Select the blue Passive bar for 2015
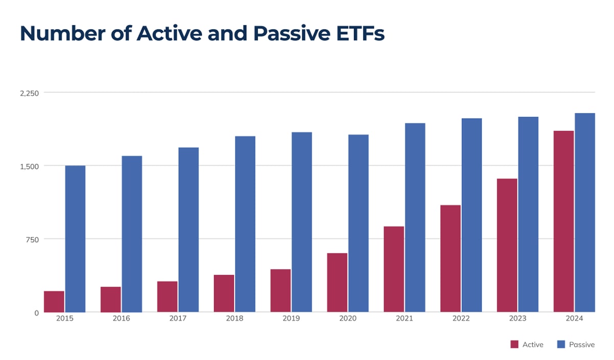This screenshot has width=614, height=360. click(75, 238)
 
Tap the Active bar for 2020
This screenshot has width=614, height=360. click(337, 282)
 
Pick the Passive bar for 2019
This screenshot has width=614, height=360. click(301, 222)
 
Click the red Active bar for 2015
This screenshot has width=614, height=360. click(54, 301)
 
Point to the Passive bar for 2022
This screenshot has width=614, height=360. click(471, 215)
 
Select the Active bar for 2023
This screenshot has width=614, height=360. click(507, 245)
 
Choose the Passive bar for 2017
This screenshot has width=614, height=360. click(188, 230)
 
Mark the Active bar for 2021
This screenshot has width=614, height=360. click(394, 269)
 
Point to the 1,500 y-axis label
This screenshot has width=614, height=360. click(29, 166)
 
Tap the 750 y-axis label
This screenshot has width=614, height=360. click(32, 239)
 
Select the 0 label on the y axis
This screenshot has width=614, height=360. click(36, 313)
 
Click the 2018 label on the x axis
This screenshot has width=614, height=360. click(234, 318)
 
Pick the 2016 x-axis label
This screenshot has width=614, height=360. click(121, 318)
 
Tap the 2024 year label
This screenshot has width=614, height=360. click(574, 318)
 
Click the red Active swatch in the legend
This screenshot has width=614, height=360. click(514, 345)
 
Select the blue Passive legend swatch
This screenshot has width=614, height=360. click(561, 345)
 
